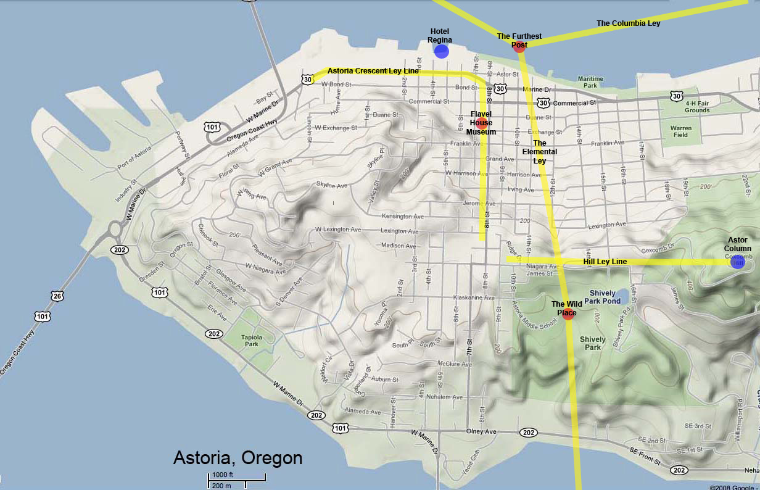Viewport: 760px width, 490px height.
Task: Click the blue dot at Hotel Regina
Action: pos(441,51)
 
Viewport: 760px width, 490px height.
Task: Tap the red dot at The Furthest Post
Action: pos(519,47)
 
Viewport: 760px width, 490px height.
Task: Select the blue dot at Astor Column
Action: pos(737,262)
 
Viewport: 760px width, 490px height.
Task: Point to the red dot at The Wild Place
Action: pos(569,315)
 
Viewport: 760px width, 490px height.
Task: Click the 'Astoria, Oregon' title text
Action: pos(238,458)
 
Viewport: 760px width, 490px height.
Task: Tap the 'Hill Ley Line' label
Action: pos(605,262)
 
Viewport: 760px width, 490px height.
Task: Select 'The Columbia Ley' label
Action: pos(628,23)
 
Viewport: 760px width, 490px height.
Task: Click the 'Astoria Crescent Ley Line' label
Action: pos(373,71)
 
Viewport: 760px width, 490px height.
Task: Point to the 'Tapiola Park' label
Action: pos(251,341)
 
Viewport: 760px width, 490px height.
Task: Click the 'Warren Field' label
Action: pos(680,131)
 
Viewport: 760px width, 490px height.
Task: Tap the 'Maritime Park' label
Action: pos(590,82)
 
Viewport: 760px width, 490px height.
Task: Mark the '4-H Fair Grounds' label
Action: pos(696,107)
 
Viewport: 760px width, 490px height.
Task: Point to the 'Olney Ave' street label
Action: pos(481,431)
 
